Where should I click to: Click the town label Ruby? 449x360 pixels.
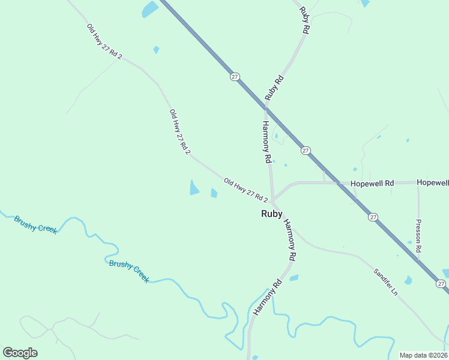tap(271, 213)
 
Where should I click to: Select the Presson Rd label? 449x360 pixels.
tap(418, 236)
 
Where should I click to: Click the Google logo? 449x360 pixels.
tap(20, 353)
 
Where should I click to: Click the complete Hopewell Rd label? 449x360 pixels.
tap(373, 182)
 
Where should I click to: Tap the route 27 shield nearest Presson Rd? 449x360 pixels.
tap(373, 217)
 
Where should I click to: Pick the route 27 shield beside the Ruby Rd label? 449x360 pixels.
tap(235, 76)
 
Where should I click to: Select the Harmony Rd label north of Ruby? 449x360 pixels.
tap(267, 142)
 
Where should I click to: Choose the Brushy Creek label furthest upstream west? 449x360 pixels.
tap(35, 224)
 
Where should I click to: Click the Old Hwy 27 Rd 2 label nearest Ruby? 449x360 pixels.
tap(246, 190)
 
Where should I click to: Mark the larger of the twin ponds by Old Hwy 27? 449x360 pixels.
tap(194, 188)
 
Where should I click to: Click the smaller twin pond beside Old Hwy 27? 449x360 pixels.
tap(214, 193)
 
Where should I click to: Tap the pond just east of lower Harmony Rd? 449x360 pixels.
tap(294, 278)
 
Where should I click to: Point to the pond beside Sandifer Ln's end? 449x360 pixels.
tap(408, 280)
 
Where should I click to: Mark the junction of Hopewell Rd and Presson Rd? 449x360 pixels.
tap(418, 182)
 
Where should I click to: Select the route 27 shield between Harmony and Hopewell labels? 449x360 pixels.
tap(306, 151)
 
